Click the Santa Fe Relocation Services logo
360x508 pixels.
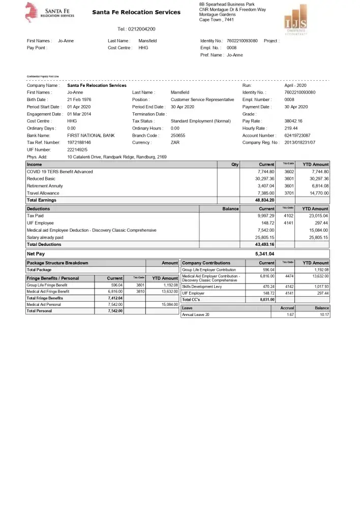point(49,13)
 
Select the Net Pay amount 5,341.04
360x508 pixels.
point(264,253)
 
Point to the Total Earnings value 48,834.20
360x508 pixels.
point(264,200)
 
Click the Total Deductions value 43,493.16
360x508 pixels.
point(264,244)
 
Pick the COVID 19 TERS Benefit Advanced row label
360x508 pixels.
point(59,172)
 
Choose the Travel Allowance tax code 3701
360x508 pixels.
point(289,193)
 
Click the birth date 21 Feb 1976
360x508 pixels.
point(79,100)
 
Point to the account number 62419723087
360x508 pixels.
point(297,136)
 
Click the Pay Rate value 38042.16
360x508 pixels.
point(293,121)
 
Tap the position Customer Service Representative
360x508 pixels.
point(202,100)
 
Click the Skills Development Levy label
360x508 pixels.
point(202,287)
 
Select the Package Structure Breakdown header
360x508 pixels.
point(57,263)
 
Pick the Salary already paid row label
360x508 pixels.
point(45,237)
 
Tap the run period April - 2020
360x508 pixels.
point(295,85)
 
